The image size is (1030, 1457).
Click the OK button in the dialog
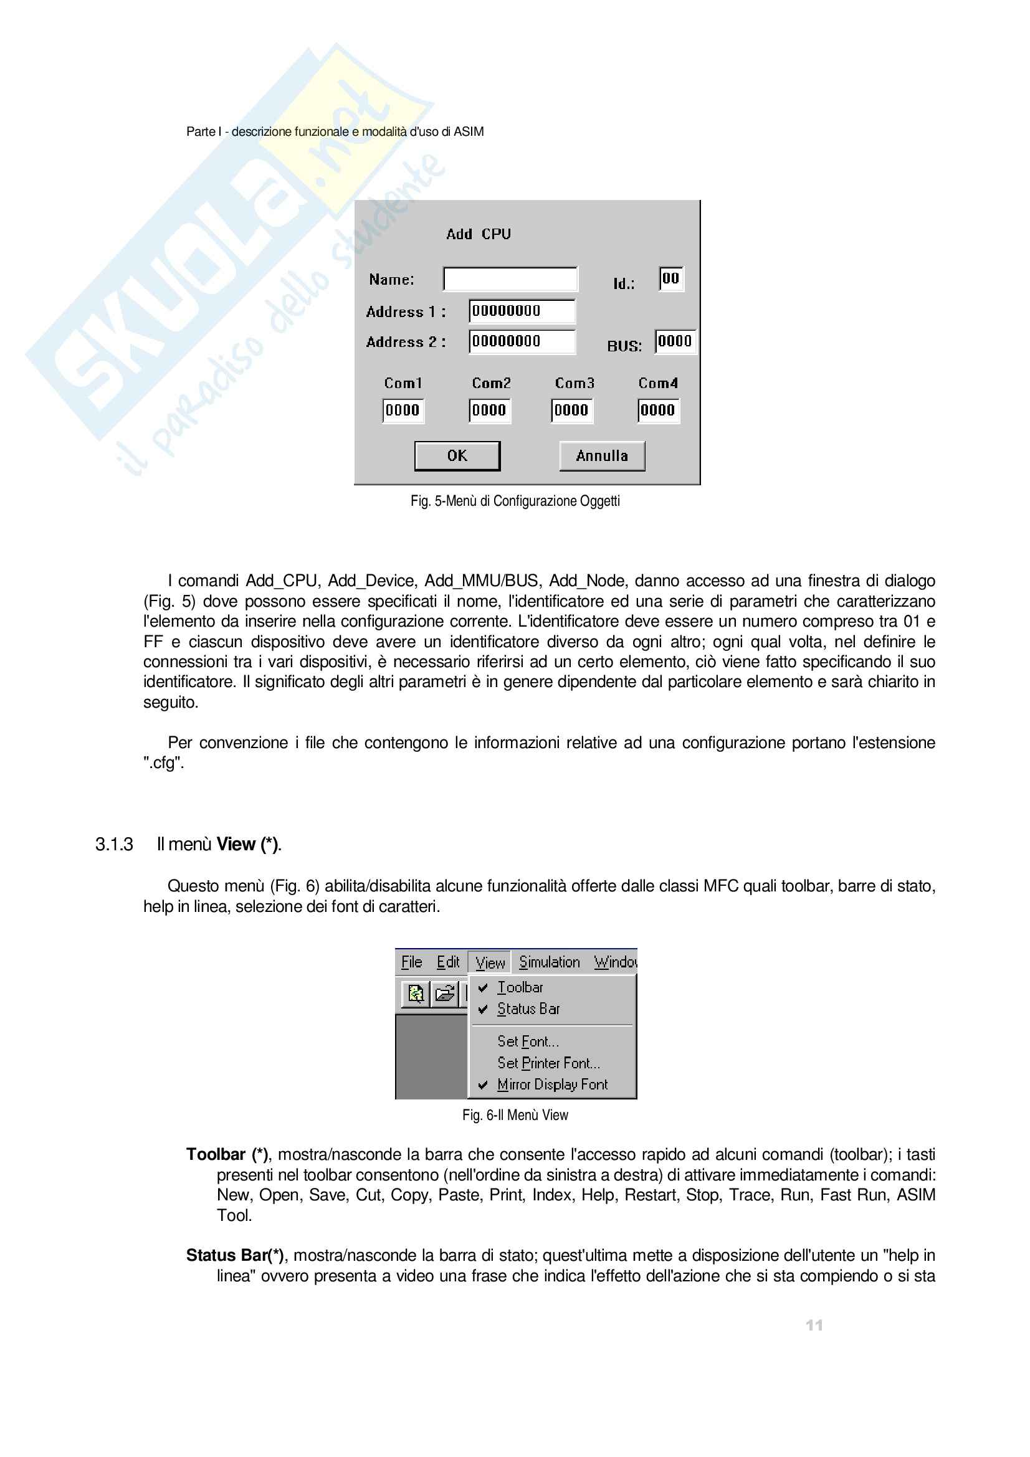tap(457, 455)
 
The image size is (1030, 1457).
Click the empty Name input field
tap(510, 279)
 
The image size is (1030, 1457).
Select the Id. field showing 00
tap(671, 278)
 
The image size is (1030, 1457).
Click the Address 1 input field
tap(522, 311)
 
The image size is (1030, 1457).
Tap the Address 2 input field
tap(522, 341)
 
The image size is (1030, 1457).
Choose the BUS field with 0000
tap(675, 341)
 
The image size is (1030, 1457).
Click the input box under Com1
tap(403, 410)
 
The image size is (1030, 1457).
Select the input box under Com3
tap(572, 410)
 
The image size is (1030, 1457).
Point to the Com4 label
tap(658, 383)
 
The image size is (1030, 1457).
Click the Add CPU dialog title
tap(478, 234)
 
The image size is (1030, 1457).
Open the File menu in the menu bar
tap(411, 962)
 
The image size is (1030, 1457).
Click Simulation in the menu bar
tap(550, 962)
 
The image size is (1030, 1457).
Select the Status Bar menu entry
tap(528, 1009)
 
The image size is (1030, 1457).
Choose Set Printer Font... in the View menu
tap(548, 1063)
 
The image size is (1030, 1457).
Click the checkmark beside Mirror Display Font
tap(483, 1085)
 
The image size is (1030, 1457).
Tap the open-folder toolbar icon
tap(445, 993)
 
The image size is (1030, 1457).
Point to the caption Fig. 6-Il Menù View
tap(515, 1115)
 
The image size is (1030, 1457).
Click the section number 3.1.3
tap(114, 845)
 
